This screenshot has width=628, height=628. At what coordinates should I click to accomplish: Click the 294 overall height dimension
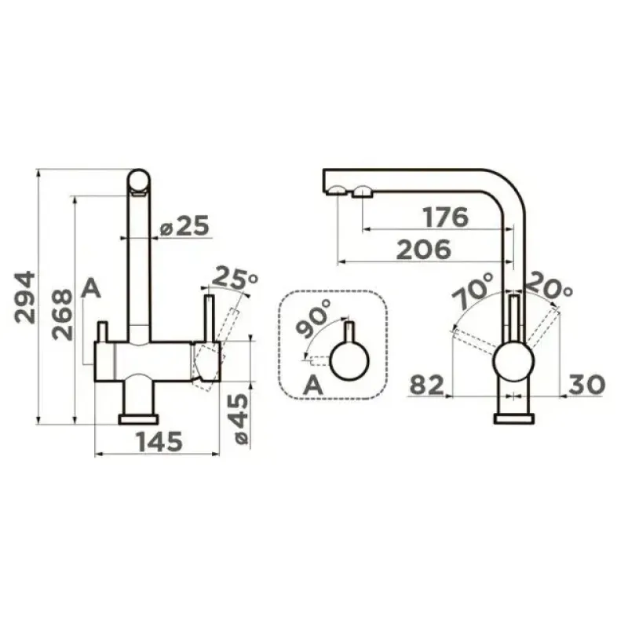[x=25, y=298]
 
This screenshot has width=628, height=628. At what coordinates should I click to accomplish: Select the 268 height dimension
[x=63, y=315]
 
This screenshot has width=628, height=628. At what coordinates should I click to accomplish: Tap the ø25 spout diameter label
[x=184, y=225]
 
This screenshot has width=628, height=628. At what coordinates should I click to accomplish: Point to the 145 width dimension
[x=159, y=441]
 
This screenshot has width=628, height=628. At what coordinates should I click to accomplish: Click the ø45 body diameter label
[x=240, y=418]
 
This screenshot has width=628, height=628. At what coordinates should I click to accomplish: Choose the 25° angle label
[x=233, y=277]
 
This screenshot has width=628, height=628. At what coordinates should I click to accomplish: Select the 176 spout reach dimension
[x=445, y=217]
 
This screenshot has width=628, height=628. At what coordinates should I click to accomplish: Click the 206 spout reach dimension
[x=423, y=249]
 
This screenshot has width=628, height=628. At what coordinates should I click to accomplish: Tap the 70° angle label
[x=473, y=290]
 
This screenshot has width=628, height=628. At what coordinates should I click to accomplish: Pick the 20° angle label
[x=549, y=286]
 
